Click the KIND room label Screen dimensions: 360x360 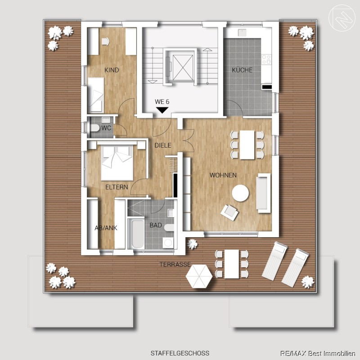tap(112, 70)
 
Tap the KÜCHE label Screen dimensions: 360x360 tap(242, 70)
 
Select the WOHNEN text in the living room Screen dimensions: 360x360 tap(223, 175)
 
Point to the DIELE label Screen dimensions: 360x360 tap(163, 145)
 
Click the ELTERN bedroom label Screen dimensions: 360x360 tap(117, 187)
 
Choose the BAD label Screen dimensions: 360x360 tap(156, 225)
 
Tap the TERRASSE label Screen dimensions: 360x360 tap(175, 265)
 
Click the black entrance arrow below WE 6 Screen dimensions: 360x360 tap(162, 110)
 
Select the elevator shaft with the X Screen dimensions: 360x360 tap(183, 68)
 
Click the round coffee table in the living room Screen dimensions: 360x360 tap(240, 193)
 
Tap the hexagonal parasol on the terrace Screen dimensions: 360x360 tap(199, 276)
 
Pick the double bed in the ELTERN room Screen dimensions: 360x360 tap(117, 162)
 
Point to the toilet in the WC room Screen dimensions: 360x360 tap(95, 128)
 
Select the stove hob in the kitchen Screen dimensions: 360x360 tap(266, 59)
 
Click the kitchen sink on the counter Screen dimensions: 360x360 tap(242, 32)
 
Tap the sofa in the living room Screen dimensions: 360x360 tap(263, 193)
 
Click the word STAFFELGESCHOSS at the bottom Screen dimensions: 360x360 tap(180, 353)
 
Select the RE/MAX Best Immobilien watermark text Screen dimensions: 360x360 tap(318, 354)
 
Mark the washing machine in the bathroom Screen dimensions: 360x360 tap(168, 243)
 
